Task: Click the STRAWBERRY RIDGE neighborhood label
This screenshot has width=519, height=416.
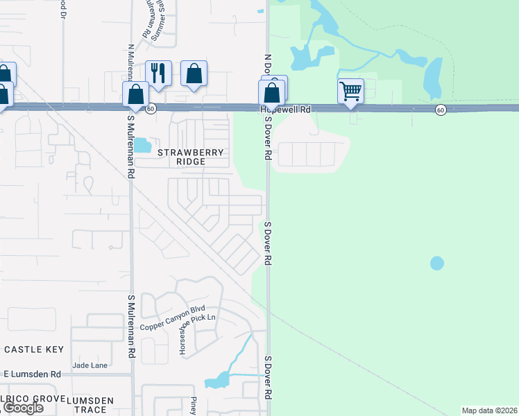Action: coord(181,157)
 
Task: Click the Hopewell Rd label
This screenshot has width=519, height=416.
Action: coord(285,110)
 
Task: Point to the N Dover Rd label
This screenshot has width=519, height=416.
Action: coord(267,66)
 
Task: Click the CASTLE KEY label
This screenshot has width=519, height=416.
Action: coord(34,349)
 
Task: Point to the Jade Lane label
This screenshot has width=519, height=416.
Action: coord(90,365)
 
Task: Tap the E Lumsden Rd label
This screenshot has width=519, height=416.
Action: coord(31,374)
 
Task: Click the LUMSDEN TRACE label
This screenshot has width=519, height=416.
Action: coord(91,405)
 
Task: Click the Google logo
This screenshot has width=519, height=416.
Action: coord(22,408)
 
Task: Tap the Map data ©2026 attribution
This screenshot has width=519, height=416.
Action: coord(490,410)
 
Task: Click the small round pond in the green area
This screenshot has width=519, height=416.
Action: coord(436,263)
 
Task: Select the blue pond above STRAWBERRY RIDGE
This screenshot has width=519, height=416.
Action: coord(142,145)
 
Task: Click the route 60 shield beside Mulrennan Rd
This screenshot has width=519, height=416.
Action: coord(151,109)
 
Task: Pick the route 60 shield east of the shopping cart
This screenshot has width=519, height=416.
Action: coord(441,110)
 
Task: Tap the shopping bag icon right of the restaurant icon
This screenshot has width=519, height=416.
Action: coord(194,73)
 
